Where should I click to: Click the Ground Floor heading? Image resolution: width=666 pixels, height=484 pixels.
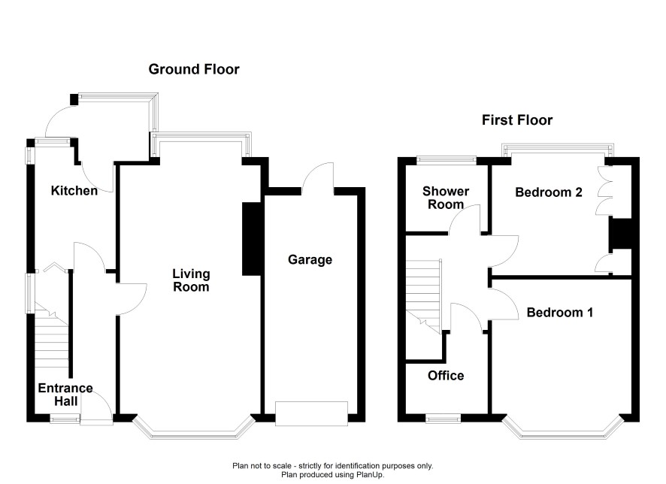pos(194,69)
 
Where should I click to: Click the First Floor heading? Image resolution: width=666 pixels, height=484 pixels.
pos(517,120)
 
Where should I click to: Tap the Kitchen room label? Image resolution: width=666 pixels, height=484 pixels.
pos(74,191)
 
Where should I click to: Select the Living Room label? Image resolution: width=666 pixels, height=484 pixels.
pos(191,280)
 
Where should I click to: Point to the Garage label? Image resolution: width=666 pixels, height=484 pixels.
pos(310,260)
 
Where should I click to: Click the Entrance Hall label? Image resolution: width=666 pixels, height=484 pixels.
pos(65,395)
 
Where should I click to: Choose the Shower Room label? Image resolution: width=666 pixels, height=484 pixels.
pos(446,198)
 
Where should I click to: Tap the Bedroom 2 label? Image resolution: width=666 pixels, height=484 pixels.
pos(549,192)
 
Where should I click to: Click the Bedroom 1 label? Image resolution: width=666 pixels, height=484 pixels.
pos(560,313)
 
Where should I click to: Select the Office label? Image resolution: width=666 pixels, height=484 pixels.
pos(446,375)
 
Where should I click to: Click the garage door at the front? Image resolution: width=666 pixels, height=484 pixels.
pos(311,413)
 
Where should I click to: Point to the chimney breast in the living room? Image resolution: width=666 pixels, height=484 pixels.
pos(252,239)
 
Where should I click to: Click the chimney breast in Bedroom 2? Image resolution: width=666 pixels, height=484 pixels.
pos(620,233)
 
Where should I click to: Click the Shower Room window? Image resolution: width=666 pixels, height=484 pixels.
pos(446,159)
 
